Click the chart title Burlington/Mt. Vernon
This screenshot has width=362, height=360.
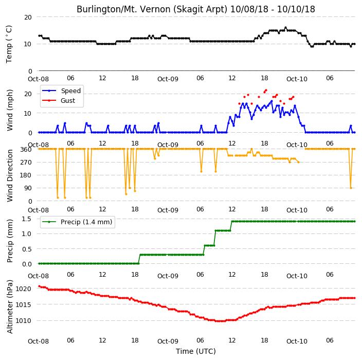coord(118,9)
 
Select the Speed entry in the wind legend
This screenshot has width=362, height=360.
coord(61,91)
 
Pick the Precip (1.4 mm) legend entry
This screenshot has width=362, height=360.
coord(77,222)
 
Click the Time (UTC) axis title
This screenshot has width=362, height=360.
coord(196,351)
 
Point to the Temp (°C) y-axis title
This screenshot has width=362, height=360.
coord(9,44)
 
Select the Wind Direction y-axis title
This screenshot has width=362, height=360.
coord(9,175)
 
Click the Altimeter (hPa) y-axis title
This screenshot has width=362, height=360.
coord(9,307)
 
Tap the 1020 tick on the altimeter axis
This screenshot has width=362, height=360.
coord(23,289)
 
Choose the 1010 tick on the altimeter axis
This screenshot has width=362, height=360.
coord(23,321)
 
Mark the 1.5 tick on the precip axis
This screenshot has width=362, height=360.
coord(27,219)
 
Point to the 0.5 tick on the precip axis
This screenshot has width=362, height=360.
coord(27,249)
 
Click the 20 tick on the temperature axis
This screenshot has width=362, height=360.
coord(28,17)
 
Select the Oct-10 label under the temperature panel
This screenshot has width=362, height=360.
coord(297,79)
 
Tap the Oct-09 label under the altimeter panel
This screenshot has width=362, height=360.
coord(168,341)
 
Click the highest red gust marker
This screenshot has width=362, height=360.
coord(266,90)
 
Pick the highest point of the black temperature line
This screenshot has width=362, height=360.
coord(285,27)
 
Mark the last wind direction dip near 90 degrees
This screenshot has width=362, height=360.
coord(351,188)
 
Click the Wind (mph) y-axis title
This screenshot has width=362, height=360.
coord(9,110)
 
